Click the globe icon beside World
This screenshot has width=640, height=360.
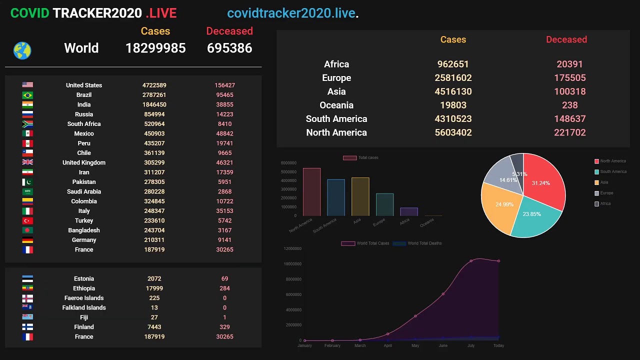pyautogui.click(x=22, y=50)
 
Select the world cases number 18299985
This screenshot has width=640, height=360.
pyautogui.click(x=155, y=48)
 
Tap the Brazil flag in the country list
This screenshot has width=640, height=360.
pyautogui.click(x=27, y=95)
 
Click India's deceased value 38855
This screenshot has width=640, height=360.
pyautogui.click(x=224, y=104)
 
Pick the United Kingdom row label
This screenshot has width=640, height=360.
pyautogui.click(x=84, y=162)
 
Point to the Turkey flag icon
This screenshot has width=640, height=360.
pyautogui.click(x=27, y=220)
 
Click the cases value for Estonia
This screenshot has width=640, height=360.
pyautogui.click(x=154, y=278)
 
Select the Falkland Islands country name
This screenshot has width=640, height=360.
pyautogui.click(x=84, y=307)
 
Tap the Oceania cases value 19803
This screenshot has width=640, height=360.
pyautogui.click(x=453, y=105)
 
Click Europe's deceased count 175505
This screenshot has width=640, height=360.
pyautogui.click(x=569, y=78)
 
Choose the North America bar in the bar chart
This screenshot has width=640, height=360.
pyautogui.click(x=311, y=192)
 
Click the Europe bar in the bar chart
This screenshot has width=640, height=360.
pyautogui.click(x=384, y=204)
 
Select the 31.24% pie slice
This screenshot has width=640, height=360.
pyautogui.click(x=542, y=182)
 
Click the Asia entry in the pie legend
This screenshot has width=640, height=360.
pyautogui.click(x=604, y=182)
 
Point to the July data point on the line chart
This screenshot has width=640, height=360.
pyautogui.click(x=471, y=261)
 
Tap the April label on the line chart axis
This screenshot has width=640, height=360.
pyautogui.click(x=387, y=345)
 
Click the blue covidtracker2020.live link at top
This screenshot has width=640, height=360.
pyautogui.click(x=291, y=13)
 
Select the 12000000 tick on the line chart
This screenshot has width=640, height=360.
pyautogui.click(x=292, y=248)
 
